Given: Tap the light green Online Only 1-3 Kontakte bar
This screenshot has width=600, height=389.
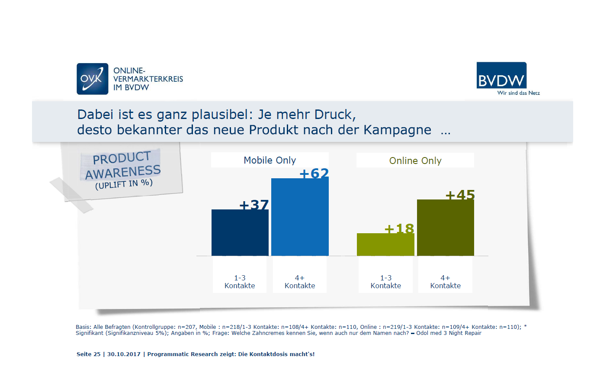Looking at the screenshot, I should pos(385,244).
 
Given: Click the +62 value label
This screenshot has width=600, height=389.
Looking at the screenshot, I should pos(314,174).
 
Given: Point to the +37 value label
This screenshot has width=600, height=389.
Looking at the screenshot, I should pos(254,205).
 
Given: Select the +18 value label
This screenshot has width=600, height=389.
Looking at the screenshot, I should pos(399,228).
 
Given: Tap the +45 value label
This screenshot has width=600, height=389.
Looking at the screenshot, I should pos(460,195).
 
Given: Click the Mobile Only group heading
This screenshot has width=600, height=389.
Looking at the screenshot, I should pos(270,160).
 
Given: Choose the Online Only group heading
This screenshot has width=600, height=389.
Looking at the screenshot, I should pos(415,161).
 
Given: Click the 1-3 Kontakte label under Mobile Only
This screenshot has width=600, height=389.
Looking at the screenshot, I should pos(240,282).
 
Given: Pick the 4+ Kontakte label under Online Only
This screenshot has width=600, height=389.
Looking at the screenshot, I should pos(445,282).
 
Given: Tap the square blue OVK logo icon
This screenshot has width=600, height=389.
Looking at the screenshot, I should pos(92,79).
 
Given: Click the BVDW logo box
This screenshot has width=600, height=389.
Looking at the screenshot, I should pos(501,75).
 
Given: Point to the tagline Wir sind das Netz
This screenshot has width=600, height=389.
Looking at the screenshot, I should pos(518,93).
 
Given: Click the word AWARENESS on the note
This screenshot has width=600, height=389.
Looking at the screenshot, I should pos(123,172).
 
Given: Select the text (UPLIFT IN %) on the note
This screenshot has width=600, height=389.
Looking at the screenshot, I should pos(124,184).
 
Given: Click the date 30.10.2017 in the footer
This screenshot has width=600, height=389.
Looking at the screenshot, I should pos(124,354).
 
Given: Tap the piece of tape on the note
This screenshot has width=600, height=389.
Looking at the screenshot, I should pos(71,195).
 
